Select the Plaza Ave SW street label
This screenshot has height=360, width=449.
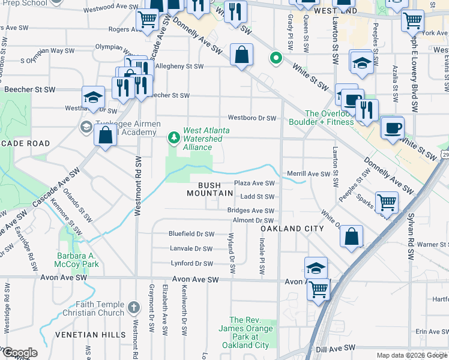pyautogui.click(x=254, y=184)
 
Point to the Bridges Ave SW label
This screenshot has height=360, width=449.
pyautogui.click(x=250, y=211)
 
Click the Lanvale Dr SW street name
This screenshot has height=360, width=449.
pyautogui.click(x=191, y=248)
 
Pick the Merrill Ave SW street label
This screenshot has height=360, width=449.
pyautogui.click(x=309, y=173)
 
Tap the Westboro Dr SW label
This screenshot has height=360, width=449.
pyautogui.click(x=251, y=118)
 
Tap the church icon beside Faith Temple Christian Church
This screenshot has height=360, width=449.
pyautogui.click(x=133, y=308)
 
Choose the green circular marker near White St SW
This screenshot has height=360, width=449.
pyautogui.click(x=276, y=58)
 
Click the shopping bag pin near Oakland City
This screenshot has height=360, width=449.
pyautogui.click(x=352, y=236)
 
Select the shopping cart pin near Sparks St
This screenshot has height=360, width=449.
pyautogui.click(x=387, y=202)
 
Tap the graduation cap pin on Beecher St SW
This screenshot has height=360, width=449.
pyautogui.click(x=93, y=97)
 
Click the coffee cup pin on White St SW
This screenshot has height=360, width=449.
pyautogui.click(x=393, y=127)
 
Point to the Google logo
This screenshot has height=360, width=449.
pyautogui.click(x=19, y=353)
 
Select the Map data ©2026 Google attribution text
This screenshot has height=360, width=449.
pyautogui.click(x=411, y=355)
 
